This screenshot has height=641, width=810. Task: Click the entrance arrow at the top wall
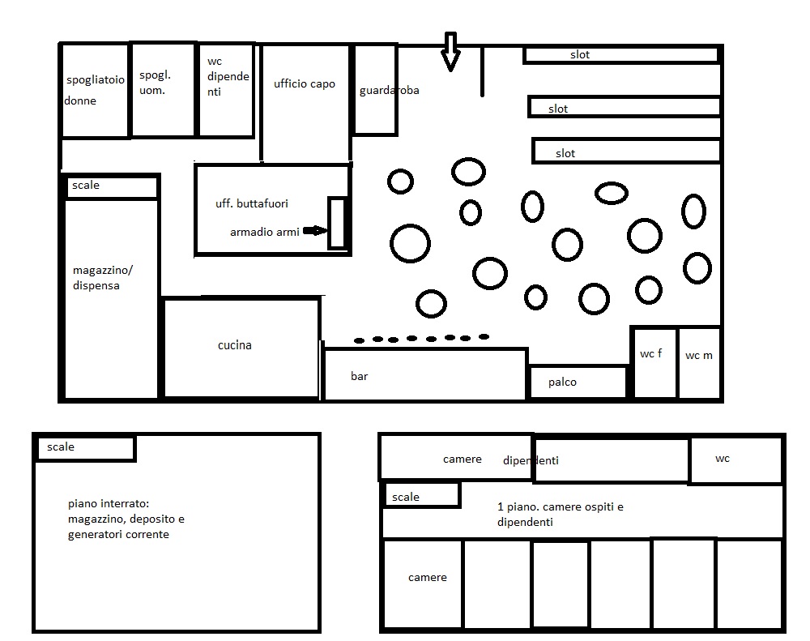coord(450,52)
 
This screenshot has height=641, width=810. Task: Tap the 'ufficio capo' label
coord(305,83)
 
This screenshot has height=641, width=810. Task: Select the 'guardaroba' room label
coord(389,91)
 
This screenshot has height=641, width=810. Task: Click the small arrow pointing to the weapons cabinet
coord(315,231)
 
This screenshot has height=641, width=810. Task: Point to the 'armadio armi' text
coord(265,232)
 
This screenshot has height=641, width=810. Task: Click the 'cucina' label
coord(235,345)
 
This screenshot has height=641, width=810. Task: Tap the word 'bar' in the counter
coord(359,376)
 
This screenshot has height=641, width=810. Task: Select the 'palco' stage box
coord(578,382)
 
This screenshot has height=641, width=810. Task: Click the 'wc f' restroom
coord(654,363)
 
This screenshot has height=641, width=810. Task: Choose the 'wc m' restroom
coord(700,363)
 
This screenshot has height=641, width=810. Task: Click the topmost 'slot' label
coord(580,55)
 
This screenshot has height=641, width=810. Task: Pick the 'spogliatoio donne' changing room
coord(95,91)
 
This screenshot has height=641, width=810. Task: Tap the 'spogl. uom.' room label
coord(155,83)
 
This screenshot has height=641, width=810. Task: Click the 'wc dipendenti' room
coord(226,91)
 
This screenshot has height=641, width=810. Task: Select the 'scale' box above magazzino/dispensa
coord(112,187)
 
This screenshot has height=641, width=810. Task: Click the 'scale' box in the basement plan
coord(85,448)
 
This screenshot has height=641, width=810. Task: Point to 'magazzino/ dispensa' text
coord(103,278)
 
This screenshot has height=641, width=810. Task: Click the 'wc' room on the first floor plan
coord(736,460)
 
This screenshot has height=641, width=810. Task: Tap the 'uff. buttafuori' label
coord(252,203)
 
